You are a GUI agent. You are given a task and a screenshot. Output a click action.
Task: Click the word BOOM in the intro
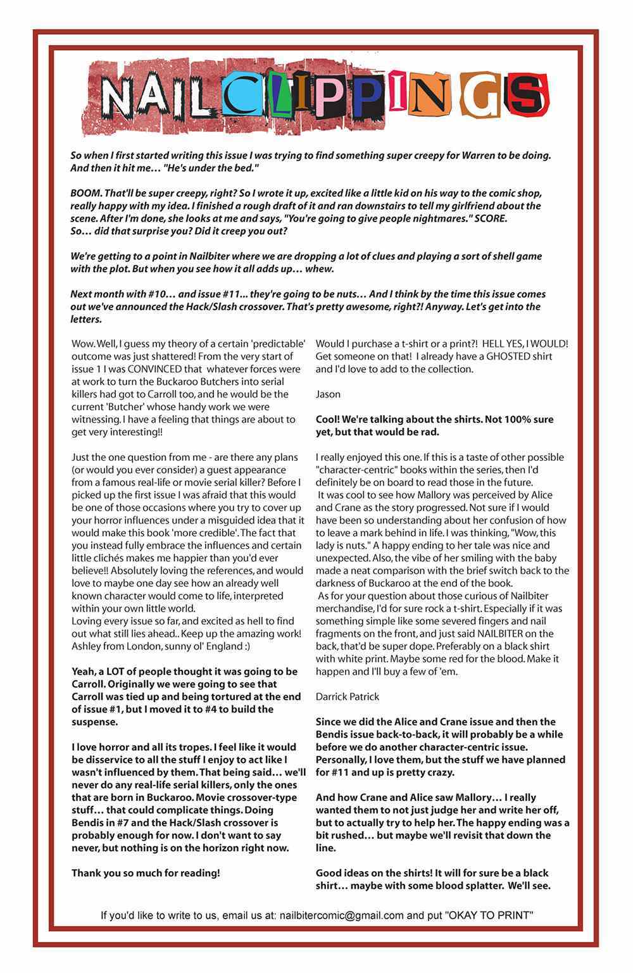84,193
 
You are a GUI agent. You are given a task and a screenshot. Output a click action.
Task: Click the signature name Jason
328,394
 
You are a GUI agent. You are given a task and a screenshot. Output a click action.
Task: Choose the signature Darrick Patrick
348,696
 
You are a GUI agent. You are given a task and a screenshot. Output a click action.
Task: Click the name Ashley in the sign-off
85,646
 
